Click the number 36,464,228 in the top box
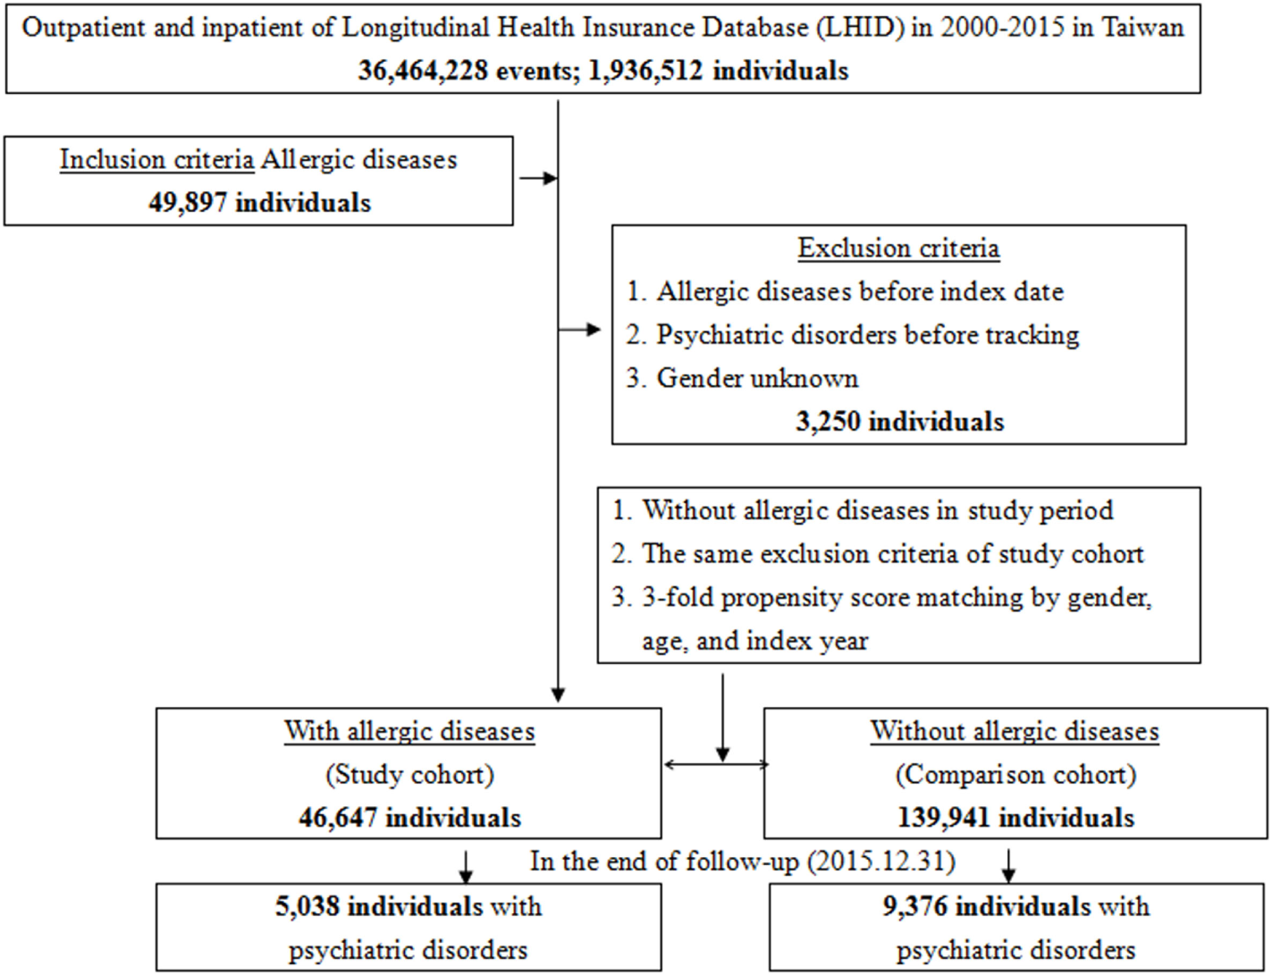click(423, 71)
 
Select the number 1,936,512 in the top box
click(645, 71)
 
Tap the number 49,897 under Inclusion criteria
click(188, 203)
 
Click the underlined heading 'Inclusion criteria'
click(156, 160)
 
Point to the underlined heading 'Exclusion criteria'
click(898, 248)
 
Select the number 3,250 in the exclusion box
click(828, 421)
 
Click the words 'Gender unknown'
click(757, 378)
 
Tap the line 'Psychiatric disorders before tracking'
click(867, 335)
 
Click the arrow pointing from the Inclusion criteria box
click(537, 179)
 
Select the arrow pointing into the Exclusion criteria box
click(580, 330)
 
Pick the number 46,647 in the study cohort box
click(338, 818)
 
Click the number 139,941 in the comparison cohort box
click(943, 818)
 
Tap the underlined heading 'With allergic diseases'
click(409, 731)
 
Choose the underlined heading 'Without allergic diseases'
click(1015, 731)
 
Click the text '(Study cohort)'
click(409, 774)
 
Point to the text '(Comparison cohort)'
click(1015, 774)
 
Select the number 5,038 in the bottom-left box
click(307, 906)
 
